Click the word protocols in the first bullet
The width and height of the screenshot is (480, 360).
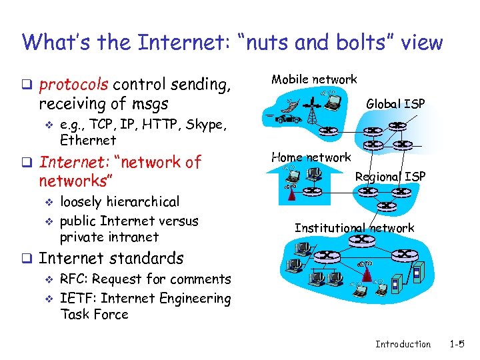point(74,85)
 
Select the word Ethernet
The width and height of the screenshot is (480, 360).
point(88,141)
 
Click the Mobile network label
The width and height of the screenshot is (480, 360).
point(313,79)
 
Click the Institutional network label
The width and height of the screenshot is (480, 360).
point(354,228)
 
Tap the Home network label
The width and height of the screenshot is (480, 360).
point(311,157)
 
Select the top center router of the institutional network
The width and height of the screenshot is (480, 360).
point(361,239)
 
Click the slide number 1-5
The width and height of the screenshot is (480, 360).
point(457,344)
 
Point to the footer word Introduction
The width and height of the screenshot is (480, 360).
point(403,344)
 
